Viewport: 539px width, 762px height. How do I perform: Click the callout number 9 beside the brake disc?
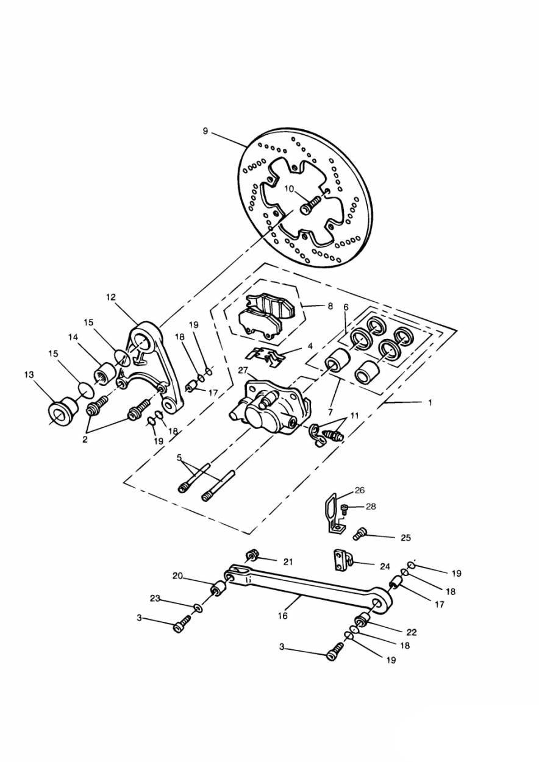click(x=205, y=131)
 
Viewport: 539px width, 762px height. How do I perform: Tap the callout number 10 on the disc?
click(x=289, y=189)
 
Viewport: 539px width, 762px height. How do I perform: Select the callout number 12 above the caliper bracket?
click(x=111, y=297)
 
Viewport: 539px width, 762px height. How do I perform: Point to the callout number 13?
click(x=29, y=374)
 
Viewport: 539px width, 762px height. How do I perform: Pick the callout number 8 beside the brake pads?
click(x=330, y=306)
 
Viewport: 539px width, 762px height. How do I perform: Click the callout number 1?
click(x=430, y=403)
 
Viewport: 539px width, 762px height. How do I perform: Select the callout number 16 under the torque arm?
click(x=283, y=615)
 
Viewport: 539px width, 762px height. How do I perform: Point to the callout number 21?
click(x=288, y=562)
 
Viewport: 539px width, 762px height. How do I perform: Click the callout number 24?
click(x=385, y=567)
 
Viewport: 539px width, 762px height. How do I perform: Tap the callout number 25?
click(x=406, y=538)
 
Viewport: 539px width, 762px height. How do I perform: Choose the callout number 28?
click(x=371, y=516)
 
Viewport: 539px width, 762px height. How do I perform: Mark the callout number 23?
click(x=155, y=599)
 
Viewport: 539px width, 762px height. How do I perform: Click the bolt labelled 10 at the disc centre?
click(x=310, y=206)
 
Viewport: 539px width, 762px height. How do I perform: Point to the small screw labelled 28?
click(x=343, y=518)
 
